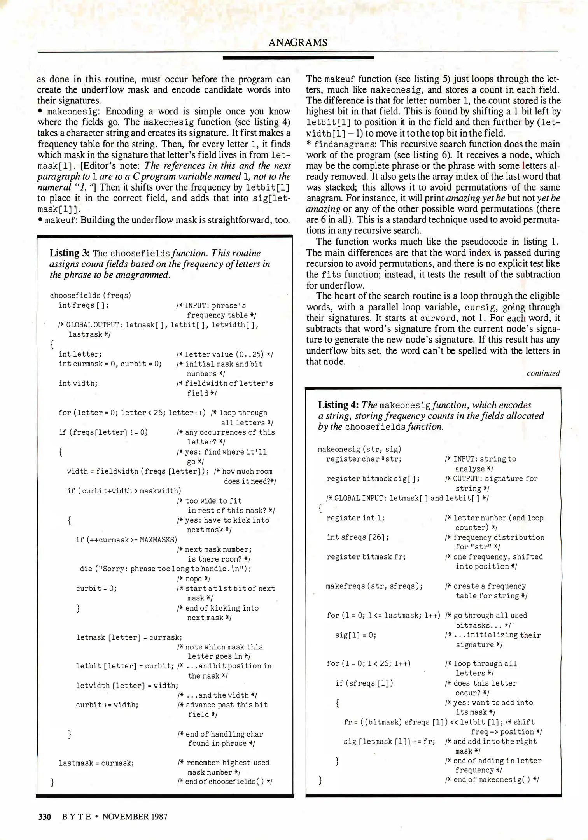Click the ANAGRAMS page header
(x=298, y=42)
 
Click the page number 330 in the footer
(x=45, y=816)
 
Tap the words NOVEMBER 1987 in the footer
(x=135, y=816)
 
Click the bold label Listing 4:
(x=338, y=405)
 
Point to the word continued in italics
(x=543, y=373)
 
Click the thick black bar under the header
(x=298, y=58)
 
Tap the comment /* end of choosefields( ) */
(x=224, y=782)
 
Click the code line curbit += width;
(x=107, y=705)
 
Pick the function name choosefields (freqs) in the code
(x=90, y=296)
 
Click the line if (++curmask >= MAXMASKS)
(x=126, y=540)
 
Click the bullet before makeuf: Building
(x=40, y=220)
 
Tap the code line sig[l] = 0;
(x=355, y=635)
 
